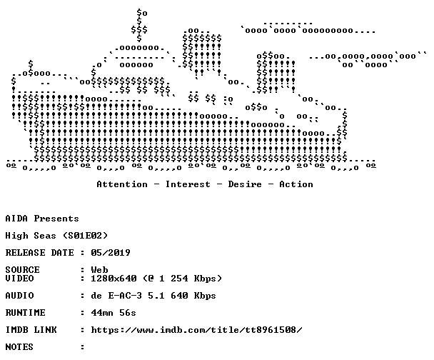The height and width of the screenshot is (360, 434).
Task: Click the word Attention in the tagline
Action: coord(122,184)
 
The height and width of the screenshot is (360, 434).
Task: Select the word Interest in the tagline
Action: coord(188,184)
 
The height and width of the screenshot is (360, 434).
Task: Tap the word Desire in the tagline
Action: coord(245,184)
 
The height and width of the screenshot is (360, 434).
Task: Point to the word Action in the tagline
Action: coord(296,184)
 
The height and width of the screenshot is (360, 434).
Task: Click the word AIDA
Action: coord(16,219)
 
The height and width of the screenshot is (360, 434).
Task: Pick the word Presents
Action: coord(56,219)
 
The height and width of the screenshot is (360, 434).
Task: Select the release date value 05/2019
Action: coord(111,253)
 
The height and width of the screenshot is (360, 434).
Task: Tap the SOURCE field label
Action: coord(22,269)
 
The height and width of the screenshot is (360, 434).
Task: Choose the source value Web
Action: coord(99,269)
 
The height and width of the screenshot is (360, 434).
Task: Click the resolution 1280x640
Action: coord(113,278)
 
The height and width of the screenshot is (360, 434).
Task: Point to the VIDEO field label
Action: coord(19,278)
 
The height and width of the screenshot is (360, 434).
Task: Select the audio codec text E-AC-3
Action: coord(125,296)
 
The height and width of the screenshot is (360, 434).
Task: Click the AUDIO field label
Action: coord(19,296)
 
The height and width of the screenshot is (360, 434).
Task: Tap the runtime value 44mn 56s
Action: coord(113,313)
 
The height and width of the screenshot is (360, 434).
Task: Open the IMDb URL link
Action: coord(196,330)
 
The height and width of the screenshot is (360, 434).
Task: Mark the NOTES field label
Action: coord(19,346)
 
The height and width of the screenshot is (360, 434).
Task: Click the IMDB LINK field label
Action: coord(31,330)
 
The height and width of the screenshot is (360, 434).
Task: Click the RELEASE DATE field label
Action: coord(39,253)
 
